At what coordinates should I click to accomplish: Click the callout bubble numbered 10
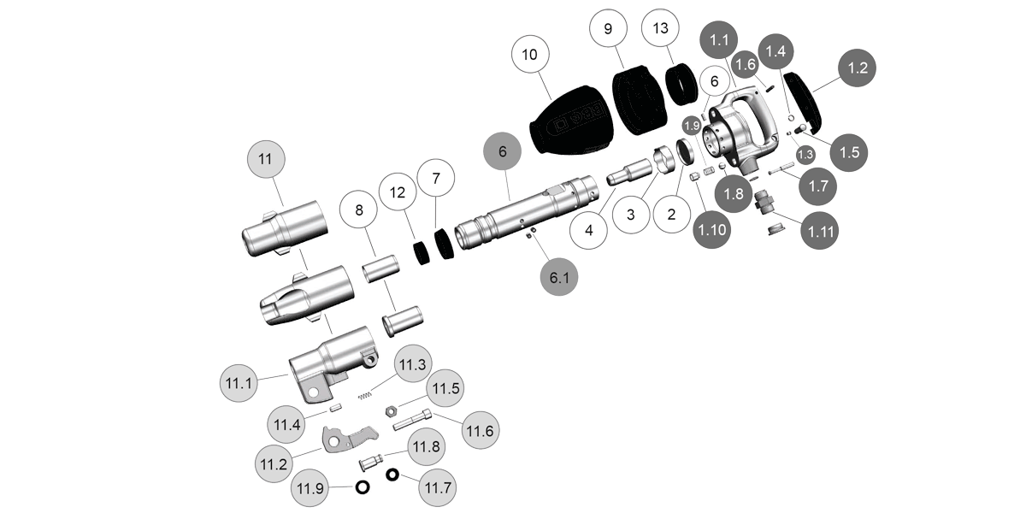click(x=529, y=54)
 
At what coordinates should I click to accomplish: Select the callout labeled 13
click(x=661, y=28)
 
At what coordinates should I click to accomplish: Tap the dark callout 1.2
click(x=858, y=68)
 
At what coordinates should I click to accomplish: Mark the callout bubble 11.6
click(x=479, y=429)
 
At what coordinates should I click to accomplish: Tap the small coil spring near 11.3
click(x=365, y=392)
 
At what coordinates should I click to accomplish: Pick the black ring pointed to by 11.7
click(x=392, y=475)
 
